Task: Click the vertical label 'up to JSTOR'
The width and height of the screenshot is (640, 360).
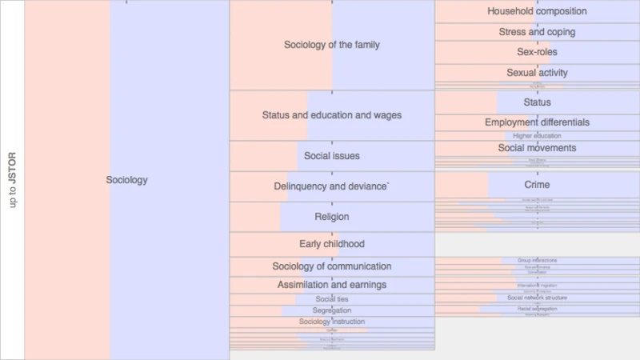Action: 13,180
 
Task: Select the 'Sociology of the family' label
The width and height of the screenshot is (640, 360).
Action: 332,45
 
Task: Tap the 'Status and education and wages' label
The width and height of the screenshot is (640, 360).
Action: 332,115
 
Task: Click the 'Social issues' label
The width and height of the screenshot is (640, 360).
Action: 332,156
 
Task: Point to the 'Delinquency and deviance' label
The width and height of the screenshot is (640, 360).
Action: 332,186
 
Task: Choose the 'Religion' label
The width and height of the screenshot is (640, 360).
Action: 332,217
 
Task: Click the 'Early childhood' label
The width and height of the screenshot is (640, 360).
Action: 332,244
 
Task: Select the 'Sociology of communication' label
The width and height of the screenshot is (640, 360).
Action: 332,266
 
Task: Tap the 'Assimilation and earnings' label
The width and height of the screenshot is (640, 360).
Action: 332,285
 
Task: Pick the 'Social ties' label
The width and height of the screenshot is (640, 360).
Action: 332,299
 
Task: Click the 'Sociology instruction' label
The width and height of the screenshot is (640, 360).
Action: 332,322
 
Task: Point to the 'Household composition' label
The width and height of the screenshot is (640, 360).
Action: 537,11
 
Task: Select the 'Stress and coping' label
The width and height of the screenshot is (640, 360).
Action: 537,32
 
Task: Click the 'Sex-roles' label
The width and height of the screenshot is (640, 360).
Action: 537,52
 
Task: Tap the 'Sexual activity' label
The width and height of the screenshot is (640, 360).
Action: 537,73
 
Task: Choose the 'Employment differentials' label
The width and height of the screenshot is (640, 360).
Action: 537,122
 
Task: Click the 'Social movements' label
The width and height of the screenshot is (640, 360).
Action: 537,148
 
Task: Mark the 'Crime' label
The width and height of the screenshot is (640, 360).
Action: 537,185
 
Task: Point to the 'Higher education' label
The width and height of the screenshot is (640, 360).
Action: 537,136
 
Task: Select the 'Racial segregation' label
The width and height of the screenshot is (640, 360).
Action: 537,309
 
